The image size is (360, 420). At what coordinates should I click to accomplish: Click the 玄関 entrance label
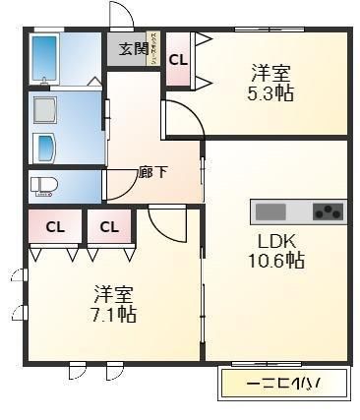tap(134, 48)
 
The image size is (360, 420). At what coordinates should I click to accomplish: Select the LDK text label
tap(277, 241)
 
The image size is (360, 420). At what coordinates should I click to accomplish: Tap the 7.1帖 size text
tap(115, 315)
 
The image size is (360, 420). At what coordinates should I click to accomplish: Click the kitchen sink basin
tap(270, 211)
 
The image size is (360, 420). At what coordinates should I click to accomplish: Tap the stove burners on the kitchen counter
tap(329, 211)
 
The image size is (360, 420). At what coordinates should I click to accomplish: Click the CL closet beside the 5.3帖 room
tap(178, 60)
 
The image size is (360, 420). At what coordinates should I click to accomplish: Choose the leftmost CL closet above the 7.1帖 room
tap(55, 227)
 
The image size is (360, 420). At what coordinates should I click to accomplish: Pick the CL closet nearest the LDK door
tap(109, 227)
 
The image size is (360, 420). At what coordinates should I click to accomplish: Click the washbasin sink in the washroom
tap(46, 148)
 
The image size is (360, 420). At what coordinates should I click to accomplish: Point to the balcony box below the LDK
tap(283, 382)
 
